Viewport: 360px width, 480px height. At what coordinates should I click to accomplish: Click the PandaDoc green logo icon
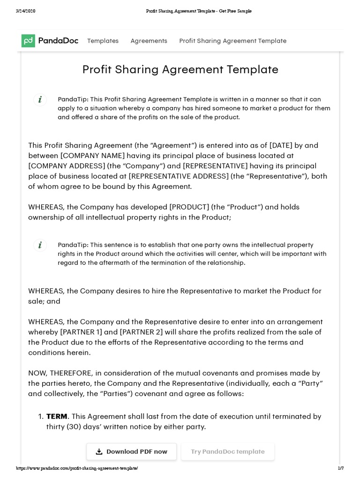tap(28, 41)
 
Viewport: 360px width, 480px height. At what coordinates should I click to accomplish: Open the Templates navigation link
tap(103, 41)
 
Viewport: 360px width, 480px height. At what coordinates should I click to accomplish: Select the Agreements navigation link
tap(149, 41)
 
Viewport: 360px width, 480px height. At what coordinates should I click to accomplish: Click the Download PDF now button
tap(132, 451)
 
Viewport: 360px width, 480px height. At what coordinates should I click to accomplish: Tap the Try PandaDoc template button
tap(227, 451)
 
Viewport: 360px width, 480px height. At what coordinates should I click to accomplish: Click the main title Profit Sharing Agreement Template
tap(180, 69)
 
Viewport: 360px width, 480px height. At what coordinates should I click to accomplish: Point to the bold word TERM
tap(57, 416)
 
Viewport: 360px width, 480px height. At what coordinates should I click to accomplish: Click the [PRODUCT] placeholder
tap(189, 207)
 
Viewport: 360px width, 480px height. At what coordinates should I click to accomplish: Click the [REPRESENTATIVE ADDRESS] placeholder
tap(179, 176)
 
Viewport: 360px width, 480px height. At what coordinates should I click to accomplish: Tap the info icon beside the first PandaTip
tap(40, 99)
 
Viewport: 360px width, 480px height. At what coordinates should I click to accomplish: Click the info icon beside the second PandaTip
tap(40, 245)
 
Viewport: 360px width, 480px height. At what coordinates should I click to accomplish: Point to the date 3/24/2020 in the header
tap(26, 11)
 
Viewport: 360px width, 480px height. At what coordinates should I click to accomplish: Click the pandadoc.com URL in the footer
tap(77, 468)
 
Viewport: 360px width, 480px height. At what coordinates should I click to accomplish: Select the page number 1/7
tap(341, 468)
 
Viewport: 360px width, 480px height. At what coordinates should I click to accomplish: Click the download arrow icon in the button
tap(99, 452)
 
